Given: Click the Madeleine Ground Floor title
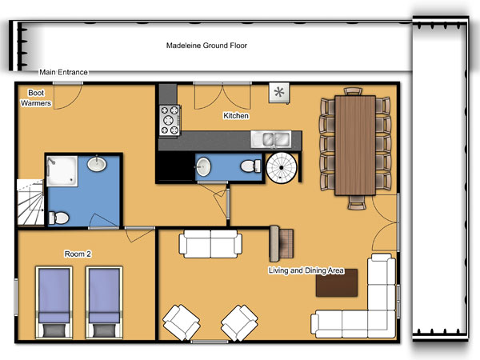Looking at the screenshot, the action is coord(206,46).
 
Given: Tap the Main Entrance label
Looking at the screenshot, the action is coord(63,72).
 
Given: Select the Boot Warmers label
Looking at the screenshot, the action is coord(36,98).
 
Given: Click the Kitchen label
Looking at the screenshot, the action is coord(236,116).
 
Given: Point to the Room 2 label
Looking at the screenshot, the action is coord(78,254).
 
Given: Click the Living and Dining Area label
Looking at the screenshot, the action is coord(306,270).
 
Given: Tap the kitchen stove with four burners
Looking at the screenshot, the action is coord(170,120).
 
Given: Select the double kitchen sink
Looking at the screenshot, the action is coord(271,139).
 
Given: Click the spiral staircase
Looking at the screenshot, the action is coord(282,168).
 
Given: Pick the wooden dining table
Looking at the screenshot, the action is coord(355,146).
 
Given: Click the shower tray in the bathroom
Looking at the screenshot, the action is coord(62,171).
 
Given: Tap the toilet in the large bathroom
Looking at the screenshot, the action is coord(58,218).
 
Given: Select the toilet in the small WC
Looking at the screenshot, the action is coord(250,166).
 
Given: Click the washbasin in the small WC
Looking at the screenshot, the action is coord(203,167).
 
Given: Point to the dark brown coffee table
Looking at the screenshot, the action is coord(337,283).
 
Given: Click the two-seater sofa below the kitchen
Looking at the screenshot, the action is coord(210,244).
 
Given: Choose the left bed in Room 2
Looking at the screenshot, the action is coord(54,302).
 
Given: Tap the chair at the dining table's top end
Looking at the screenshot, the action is coord(353,91).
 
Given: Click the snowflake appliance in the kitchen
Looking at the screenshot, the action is coord(279,93).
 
